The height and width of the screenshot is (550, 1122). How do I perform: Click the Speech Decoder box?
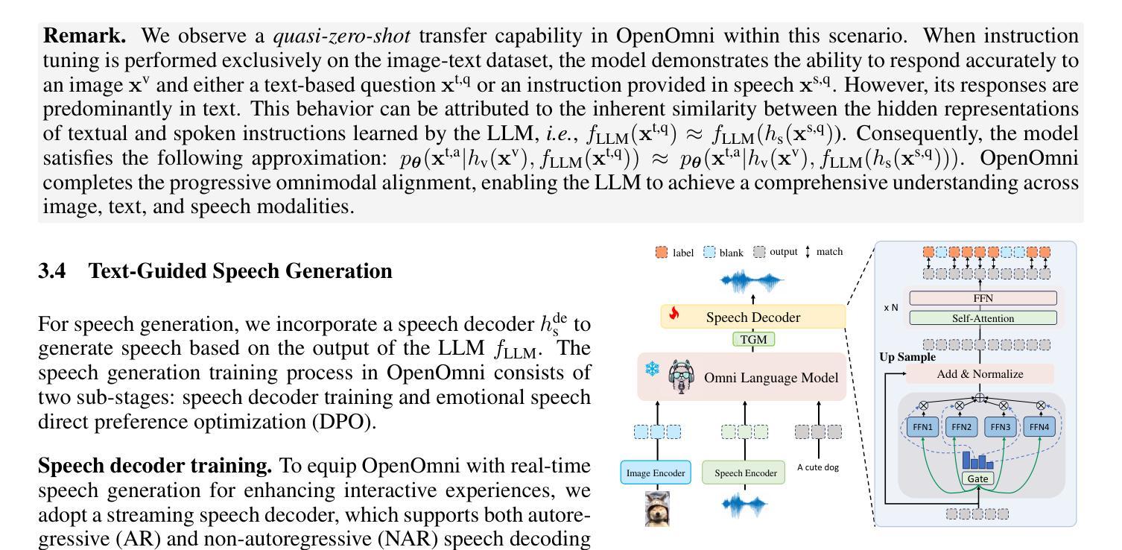click(x=752, y=317)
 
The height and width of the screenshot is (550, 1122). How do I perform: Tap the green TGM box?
click(x=752, y=340)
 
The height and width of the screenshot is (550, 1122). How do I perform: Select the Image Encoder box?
click(x=655, y=472)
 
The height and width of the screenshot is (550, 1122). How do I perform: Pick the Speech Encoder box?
click(x=744, y=472)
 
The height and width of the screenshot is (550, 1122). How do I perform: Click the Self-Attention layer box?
click(x=983, y=318)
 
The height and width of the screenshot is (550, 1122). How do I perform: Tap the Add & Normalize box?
click(x=979, y=374)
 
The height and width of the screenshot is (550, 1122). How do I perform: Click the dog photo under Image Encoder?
click(x=656, y=509)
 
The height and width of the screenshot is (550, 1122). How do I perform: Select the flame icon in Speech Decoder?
click(x=674, y=314)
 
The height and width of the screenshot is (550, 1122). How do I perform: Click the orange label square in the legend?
click(x=662, y=253)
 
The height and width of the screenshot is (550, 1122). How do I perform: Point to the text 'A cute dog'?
click(x=820, y=468)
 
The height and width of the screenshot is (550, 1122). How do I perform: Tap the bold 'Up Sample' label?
click(x=907, y=357)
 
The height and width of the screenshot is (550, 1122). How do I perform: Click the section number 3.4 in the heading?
click(x=52, y=271)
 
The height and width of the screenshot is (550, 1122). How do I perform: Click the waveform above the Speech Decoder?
click(x=752, y=281)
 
